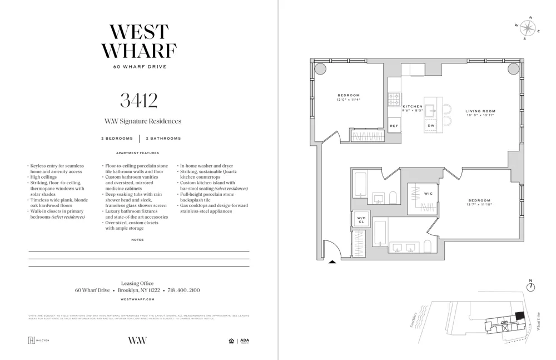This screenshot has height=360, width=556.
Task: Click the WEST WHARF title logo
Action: (x=138, y=41)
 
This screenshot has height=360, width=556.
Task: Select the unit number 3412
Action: (x=138, y=100)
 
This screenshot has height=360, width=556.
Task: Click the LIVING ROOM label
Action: (x=480, y=111)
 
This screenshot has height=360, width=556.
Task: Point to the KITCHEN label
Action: (x=413, y=106)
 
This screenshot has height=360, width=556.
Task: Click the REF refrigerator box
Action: (x=394, y=126)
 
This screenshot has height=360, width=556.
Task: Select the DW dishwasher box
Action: (x=431, y=126)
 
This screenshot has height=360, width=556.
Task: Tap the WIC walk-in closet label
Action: (x=428, y=194)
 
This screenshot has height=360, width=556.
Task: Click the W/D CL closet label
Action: (x=361, y=220)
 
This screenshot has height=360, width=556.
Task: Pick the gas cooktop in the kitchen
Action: (x=394, y=100)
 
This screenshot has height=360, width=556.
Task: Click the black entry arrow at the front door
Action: (x=332, y=260)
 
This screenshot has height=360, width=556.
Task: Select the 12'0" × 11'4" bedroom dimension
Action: (x=348, y=100)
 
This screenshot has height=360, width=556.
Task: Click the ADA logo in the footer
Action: (x=245, y=341)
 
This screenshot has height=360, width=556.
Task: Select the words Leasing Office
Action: (x=137, y=283)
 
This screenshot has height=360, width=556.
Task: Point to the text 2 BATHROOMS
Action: (x=163, y=139)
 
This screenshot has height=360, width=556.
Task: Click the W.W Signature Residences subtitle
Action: (x=143, y=121)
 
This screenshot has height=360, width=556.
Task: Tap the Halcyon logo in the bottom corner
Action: (x=38, y=341)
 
